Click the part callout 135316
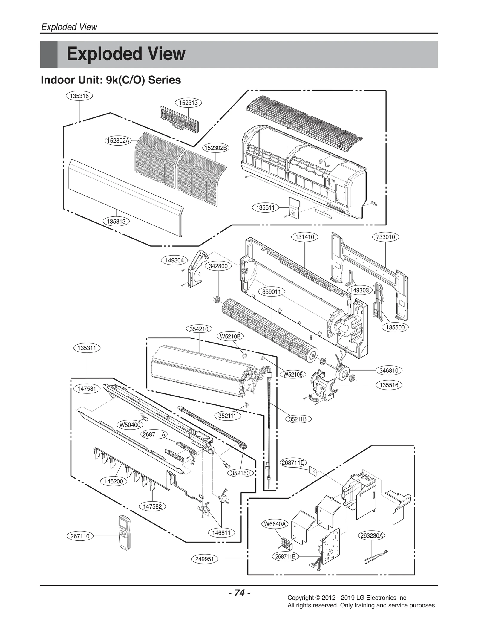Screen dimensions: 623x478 point(79,96)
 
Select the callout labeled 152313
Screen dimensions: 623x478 point(188,103)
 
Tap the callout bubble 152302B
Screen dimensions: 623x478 point(216,148)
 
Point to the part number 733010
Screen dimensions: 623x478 point(385,237)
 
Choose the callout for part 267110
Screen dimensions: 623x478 point(80,536)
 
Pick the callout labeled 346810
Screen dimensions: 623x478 point(389,371)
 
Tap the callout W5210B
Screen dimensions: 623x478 point(230,336)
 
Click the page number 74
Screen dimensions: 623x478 point(239,593)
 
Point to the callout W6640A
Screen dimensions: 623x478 point(275,524)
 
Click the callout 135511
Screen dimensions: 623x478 point(265,207)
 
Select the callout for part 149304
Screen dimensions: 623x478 point(174,260)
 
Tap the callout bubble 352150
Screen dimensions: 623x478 point(240,473)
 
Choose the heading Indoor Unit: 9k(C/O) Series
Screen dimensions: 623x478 point(111,80)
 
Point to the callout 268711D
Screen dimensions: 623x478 point(293,463)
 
